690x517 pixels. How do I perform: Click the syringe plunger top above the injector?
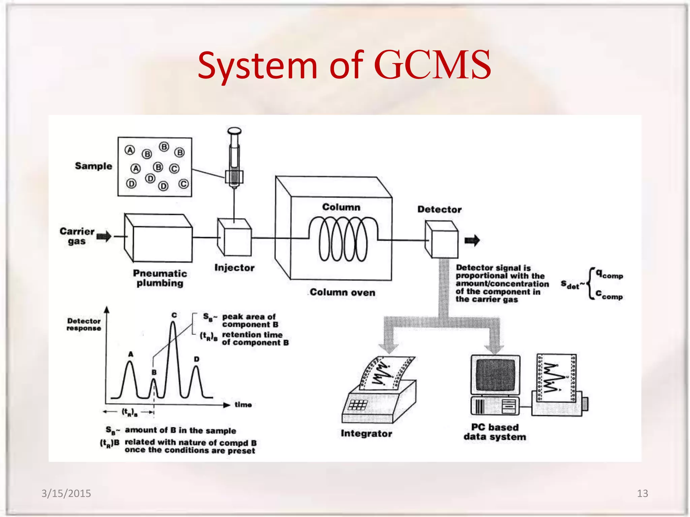tap(234, 131)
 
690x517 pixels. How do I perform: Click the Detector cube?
tap(442, 239)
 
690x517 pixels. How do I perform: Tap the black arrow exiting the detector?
tap(472, 240)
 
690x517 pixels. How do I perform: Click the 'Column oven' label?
tap(342, 292)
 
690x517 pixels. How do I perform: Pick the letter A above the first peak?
tap(131, 354)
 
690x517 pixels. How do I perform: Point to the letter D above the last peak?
tap(196, 359)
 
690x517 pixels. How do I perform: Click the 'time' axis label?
tap(243, 405)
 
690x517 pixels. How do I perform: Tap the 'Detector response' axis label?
tap(84, 324)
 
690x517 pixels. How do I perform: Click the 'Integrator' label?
tap(366, 433)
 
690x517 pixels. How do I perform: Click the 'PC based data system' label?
tap(495, 432)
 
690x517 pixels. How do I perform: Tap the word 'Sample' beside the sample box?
tap(93, 166)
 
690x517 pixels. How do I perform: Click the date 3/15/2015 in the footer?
tap(66, 493)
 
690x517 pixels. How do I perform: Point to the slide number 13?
tap(642, 493)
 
